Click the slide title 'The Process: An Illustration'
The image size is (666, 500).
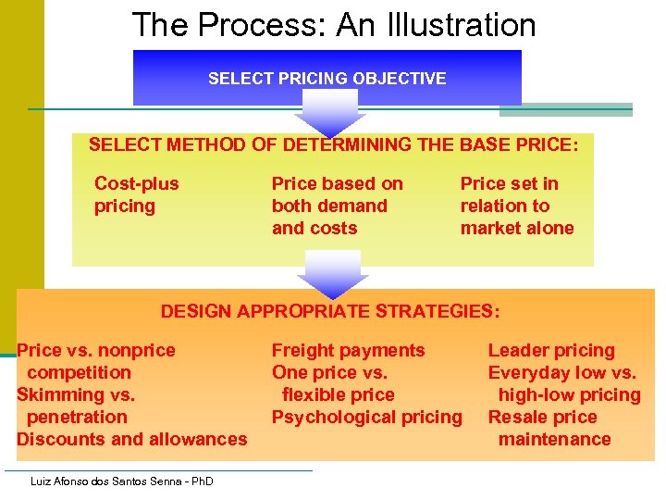(x=333, y=25)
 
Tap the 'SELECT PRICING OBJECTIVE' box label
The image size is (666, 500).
(x=327, y=79)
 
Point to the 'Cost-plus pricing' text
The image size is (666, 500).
(x=136, y=194)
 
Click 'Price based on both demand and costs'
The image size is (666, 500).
(x=337, y=206)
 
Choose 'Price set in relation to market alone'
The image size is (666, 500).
(x=516, y=206)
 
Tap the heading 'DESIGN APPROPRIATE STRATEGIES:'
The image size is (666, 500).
(x=329, y=311)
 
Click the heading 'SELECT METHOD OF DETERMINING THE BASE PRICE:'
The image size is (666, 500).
(x=333, y=145)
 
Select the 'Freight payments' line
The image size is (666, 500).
(x=348, y=350)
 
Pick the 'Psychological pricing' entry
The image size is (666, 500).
(x=366, y=417)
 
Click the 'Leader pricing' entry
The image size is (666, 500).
(x=550, y=350)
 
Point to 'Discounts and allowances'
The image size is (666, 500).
(x=131, y=439)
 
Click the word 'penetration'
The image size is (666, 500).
(x=77, y=417)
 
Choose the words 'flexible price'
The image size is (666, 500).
(x=338, y=394)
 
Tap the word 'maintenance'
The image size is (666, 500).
(x=554, y=439)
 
